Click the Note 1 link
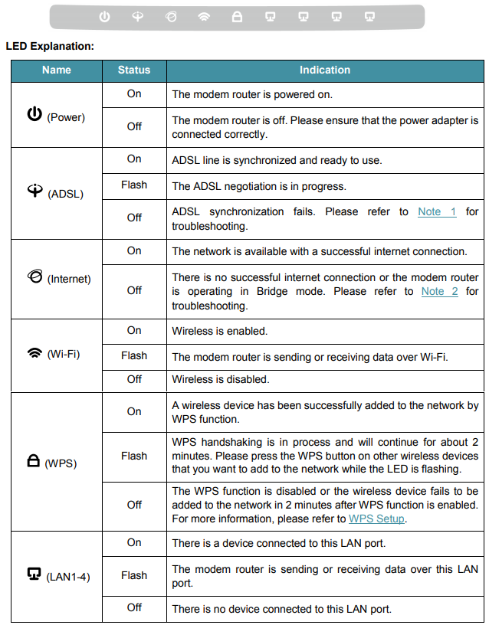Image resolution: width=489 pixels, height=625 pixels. click(x=437, y=211)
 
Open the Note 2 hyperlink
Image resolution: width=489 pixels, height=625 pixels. click(x=439, y=291)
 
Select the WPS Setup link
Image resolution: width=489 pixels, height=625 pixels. click(x=376, y=519)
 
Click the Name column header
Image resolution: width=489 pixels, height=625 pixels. click(x=56, y=70)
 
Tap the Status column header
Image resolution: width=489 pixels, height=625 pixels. click(x=134, y=70)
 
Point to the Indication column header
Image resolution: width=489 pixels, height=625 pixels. click(x=324, y=70)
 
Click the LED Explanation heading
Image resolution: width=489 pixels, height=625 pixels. click(x=50, y=47)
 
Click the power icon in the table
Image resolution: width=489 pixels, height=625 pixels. click(x=34, y=115)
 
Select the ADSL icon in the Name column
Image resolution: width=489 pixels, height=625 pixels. click(x=35, y=192)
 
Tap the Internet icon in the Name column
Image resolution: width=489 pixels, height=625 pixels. click(x=34, y=277)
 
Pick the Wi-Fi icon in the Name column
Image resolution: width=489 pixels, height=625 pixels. click(x=34, y=353)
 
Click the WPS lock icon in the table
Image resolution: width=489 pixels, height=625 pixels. click(x=34, y=462)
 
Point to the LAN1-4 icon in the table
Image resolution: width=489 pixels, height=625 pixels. click(x=34, y=574)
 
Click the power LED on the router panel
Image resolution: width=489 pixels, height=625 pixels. click(x=105, y=16)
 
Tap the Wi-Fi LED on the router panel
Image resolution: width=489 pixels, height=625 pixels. click(x=204, y=16)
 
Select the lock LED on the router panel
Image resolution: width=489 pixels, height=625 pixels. click(x=237, y=16)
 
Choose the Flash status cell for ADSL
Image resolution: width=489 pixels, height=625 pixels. click(x=134, y=185)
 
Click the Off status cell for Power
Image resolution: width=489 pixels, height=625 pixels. click(x=134, y=126)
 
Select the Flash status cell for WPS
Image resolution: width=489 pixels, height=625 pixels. click(x=134, y=456)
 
